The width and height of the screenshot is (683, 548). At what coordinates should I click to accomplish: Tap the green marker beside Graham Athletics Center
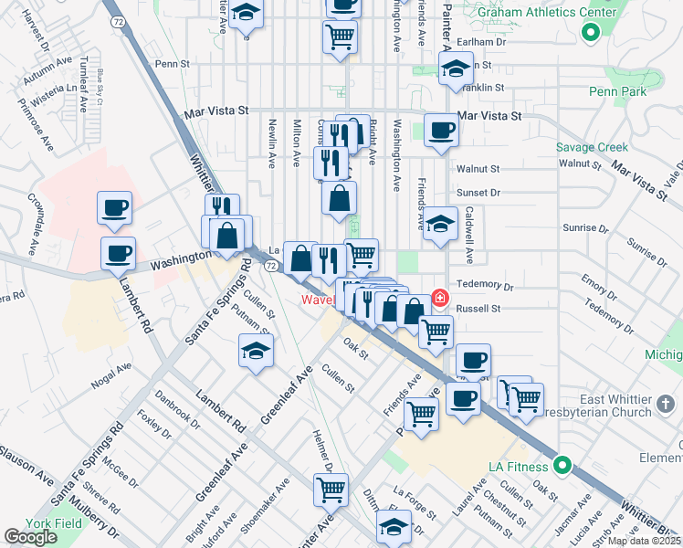[x=590, y=34]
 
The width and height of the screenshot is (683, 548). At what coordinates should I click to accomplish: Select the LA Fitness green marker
[x=563, y=466]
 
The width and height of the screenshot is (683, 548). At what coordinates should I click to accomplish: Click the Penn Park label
[x=617, y=91]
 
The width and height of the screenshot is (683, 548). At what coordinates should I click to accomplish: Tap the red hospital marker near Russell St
[x=440, y=298]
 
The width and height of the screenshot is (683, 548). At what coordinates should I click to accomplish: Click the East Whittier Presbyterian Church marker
[x=666, y=403]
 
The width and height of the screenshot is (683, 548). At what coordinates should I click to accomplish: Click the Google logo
[x=31, y=537]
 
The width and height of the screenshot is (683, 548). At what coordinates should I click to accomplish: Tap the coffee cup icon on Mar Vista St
[x=440, y=130]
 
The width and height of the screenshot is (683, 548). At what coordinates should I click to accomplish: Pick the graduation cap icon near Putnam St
[x=256, y=351]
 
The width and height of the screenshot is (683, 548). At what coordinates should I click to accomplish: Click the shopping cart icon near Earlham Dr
[x=340, y=38]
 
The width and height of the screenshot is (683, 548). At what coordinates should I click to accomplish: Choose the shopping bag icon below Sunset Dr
[x=339, y=198]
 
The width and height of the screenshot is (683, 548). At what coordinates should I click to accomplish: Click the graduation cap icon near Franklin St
[x=454, y=69]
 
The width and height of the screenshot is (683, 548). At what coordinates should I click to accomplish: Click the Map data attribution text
[x=643, y=541]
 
